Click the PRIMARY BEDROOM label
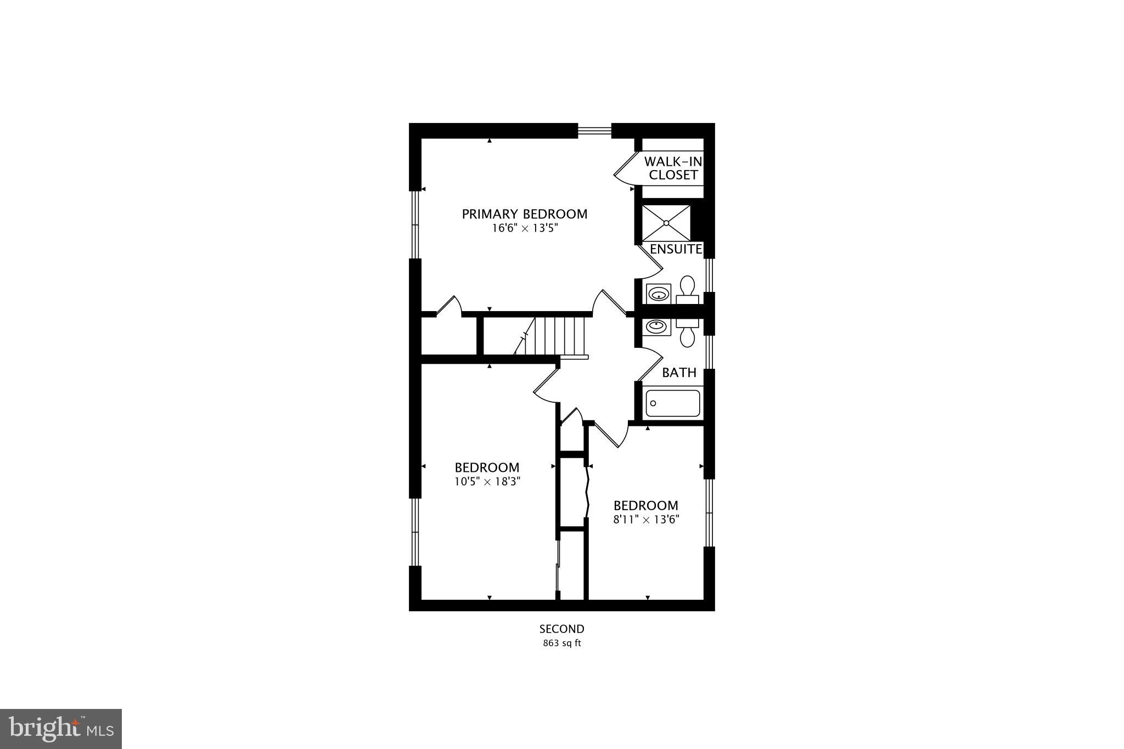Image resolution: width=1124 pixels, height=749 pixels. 524,214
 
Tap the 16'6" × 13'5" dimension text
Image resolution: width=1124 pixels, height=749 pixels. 524,228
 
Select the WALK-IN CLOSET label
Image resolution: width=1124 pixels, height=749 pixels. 673,168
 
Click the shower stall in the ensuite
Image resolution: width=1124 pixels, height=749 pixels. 666,223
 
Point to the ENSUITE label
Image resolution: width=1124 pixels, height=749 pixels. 676,249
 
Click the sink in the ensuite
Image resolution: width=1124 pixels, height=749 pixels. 658,294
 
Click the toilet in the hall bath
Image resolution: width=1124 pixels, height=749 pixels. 687,332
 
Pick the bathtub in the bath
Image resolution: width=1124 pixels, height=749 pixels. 673,403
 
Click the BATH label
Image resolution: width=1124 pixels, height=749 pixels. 679,373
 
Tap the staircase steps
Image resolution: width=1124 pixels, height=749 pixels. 554,335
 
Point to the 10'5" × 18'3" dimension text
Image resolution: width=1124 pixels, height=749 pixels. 487,482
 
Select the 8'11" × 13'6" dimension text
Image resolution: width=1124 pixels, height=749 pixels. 646,520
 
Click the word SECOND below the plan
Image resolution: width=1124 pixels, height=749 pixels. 561,629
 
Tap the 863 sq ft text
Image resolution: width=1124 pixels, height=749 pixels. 561,644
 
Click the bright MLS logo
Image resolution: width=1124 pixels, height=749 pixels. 61,729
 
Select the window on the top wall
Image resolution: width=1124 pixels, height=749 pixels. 594,131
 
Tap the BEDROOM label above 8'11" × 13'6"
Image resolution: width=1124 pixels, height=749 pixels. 645,505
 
